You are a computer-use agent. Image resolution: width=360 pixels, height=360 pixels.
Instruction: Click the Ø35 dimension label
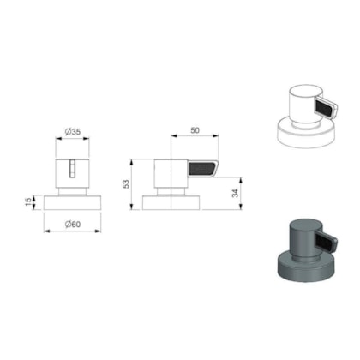[73, 132]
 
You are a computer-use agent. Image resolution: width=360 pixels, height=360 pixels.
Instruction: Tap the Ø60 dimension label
[73, 225]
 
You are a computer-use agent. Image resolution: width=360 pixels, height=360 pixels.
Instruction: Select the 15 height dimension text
[28, 202]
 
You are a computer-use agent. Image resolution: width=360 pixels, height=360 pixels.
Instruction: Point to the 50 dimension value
[195, 130]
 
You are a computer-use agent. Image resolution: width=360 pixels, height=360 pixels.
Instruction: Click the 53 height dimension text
[126, 184]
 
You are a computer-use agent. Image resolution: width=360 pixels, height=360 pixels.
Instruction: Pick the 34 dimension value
[235, 193]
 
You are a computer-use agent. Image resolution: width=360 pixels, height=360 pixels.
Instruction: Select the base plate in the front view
[73, 202]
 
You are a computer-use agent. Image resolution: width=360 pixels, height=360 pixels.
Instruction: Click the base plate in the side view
[171, 202]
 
